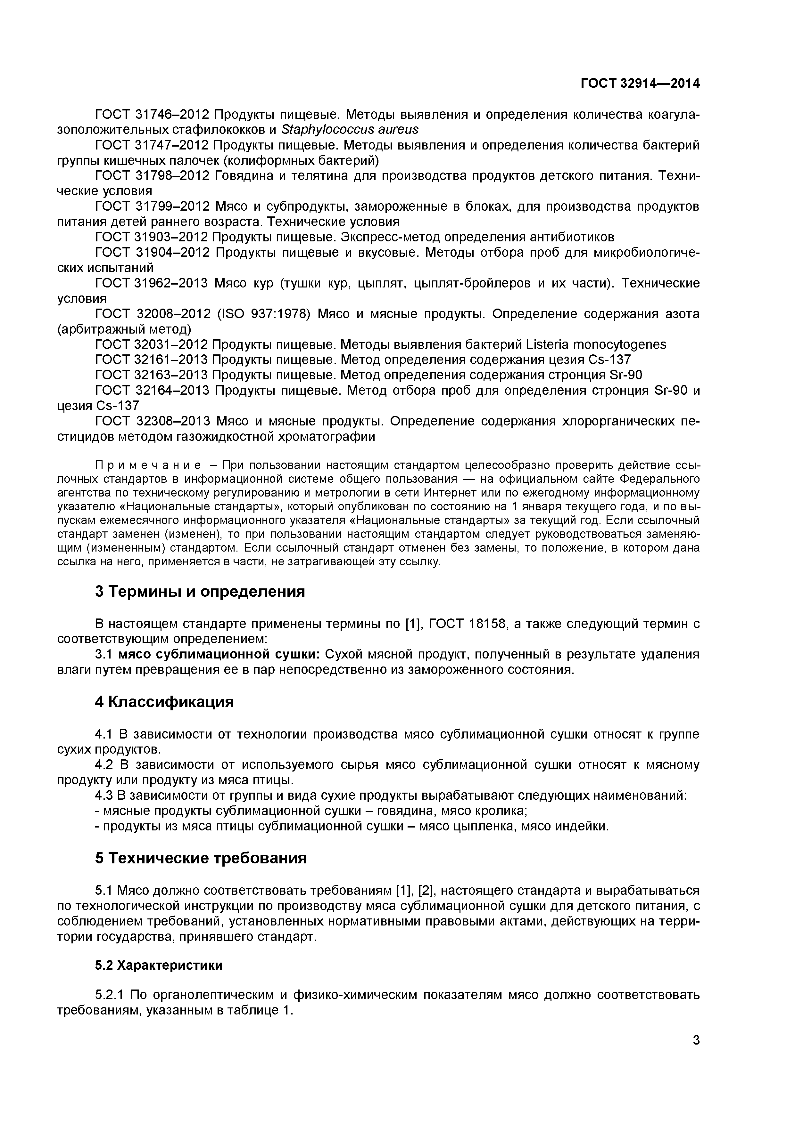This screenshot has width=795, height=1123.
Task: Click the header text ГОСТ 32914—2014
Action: pyautogui.click(x=640, y=84)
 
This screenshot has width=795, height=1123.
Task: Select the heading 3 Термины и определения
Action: pyautogui.click(x=200, y=592)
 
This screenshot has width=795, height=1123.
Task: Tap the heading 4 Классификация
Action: pyautogui.click(x=164, y=702)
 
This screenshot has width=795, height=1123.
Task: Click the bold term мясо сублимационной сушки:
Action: pyautogui.click(x=219, y=654)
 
